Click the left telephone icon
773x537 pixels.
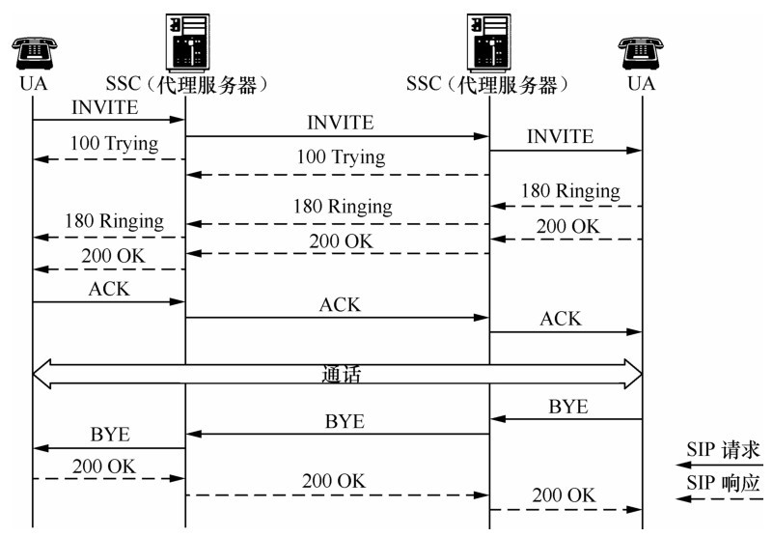(32, 49)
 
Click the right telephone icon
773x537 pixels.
(641, 49)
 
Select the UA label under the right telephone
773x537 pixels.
(641, 83)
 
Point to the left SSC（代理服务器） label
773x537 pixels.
(186, 84)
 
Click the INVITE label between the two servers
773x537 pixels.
(340, 123)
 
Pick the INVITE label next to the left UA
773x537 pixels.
(104, 107)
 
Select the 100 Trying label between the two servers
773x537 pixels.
(340, 156)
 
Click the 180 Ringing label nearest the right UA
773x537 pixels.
(570, 191)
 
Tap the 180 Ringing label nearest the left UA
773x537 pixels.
(114, 221)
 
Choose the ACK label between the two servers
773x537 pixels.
(340, 304)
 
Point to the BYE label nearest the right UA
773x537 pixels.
(568, 407)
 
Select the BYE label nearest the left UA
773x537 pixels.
(110, 435)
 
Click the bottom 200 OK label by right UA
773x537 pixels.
(565, 495)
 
